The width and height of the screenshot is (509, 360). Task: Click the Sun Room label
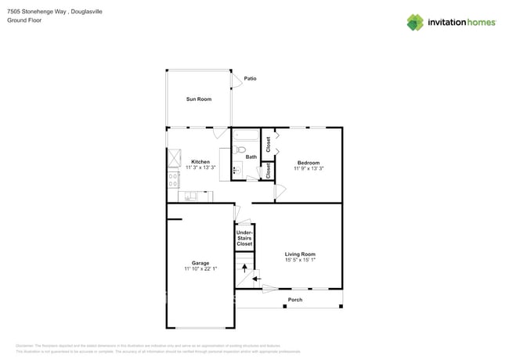pyautogui.click(x=198, y=99)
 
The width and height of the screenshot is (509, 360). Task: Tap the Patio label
pyautogui.click(x=250, y=78)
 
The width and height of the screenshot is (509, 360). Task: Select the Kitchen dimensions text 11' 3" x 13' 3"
pyautogui.click(x=200, y=167)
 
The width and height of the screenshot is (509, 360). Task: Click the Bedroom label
pyautogui.click(x=308, y=162)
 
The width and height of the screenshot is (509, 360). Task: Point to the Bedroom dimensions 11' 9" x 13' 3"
pyautogui.click(x=308, y=168)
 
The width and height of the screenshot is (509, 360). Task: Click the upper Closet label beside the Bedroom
pyautogui.click(x=268, y=144)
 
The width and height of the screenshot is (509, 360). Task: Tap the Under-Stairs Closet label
pyautogui.click(x=244, y=238)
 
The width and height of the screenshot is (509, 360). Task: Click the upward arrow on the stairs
pyautogui.click(x=244, y=268)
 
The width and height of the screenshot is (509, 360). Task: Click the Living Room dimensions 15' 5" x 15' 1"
pyautogui.click(x=300, y=260)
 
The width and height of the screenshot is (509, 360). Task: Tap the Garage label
pyautogui.click(x=200, y=263)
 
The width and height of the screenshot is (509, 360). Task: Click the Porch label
pyautogui.click(x=295, y=300)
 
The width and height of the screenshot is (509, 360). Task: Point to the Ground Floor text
pyautogui.click(x=24, y=20)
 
